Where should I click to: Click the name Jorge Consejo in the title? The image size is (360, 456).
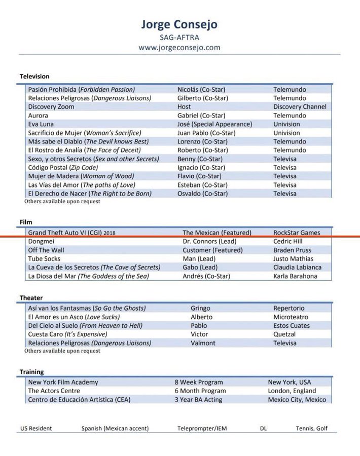[x=180, y=25]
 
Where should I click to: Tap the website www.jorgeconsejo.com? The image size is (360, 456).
[x=180, y=48]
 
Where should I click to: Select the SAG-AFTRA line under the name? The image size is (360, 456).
[x=180, y=37]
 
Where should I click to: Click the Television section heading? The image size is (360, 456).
[x=34, y=76]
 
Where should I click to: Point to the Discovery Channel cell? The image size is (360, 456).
[x=300, y=107]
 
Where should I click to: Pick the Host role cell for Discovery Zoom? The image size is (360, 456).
[x=184, y=107]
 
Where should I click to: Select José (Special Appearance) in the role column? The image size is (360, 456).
[x=214, y=124]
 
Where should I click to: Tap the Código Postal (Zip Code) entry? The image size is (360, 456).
[x=62, y=167]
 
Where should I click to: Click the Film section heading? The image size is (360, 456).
[x=26, y=222]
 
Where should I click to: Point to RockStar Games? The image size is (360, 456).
[x=297, y=233]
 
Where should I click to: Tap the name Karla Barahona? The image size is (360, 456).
[x=295, y=276]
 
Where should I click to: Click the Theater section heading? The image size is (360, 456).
[x=31, y=297]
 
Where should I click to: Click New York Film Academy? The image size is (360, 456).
[x=63, y=382]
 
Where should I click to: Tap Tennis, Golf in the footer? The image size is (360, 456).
[x=311, y=428]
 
